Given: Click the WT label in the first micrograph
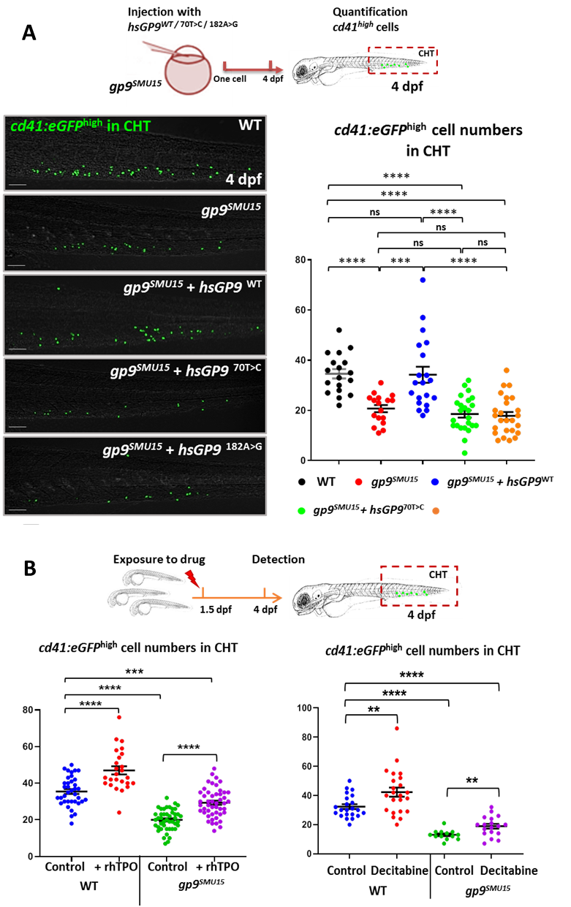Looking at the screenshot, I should pyautogui.click(x=249, y=125).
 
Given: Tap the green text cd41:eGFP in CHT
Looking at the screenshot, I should pyautogui.click(x=80, y=126).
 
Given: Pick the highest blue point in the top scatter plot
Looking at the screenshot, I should pyautogui.click(x=423, y=280).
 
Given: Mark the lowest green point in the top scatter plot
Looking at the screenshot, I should pyautogui.click(x=464, y=453).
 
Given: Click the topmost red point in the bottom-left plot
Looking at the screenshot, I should pyautogui.click(x=118, y=718).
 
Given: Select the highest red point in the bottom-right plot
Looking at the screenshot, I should pyautogui.click(x=396, y=728).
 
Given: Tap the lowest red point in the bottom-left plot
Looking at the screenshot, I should pyautogui.click(x=118, y=813).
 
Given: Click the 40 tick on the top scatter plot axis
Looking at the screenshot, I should pyautogui.click(x=300, y=360).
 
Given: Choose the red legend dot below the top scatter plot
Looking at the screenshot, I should pyautogui.click(x=358, y=482).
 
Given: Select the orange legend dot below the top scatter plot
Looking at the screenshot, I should pyautogui.click(x=436, y=511).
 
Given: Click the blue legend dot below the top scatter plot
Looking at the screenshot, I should pyautogui.click(x=435, y=482).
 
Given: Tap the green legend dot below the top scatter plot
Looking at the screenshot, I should pyautogui.click(x=301, y=511).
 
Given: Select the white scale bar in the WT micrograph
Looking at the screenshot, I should pyautogui.click(x=18, y=185).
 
